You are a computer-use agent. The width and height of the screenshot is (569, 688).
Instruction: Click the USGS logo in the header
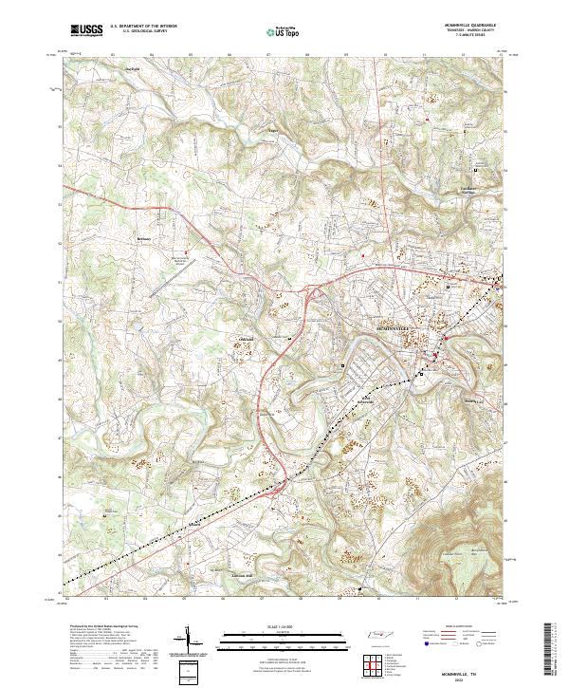click(84, 30)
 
